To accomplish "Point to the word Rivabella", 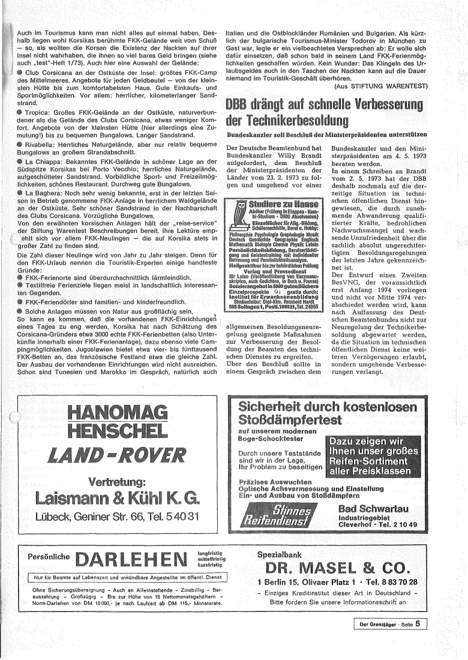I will click(41, 145).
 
